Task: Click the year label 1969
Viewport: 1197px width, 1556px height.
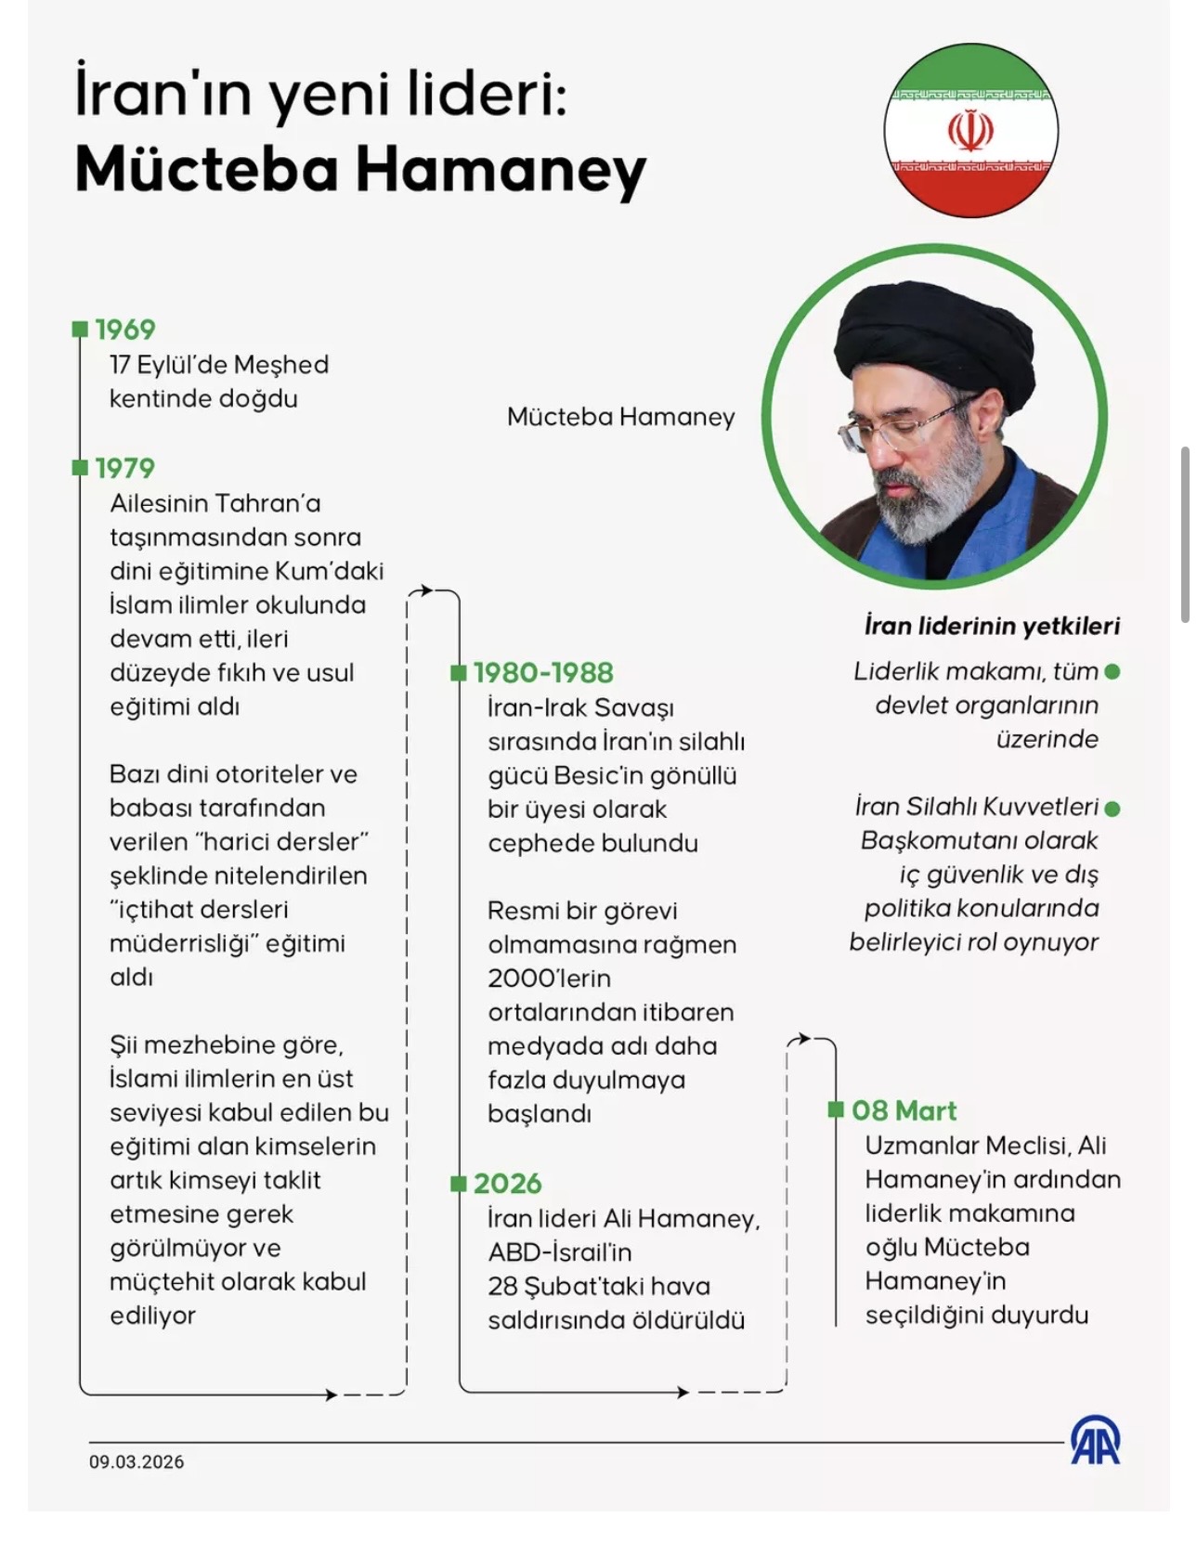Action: coord(125,330)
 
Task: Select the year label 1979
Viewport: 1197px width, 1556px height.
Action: coord(125,468)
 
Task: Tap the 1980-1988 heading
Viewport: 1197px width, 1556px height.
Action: coord(543,673)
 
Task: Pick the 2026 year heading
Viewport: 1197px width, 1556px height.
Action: coord(507,1184)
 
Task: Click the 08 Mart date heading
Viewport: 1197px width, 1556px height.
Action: coord(904,1110)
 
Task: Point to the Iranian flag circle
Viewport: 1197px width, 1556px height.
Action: coord(970,130)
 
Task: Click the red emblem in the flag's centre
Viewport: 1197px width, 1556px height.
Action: coord(970,131)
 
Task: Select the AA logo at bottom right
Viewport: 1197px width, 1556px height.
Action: coord(1096,1442)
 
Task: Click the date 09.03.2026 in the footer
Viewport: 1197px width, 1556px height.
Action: coord(137,1461)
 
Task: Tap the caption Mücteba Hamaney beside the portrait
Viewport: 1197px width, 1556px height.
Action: coord(620,417)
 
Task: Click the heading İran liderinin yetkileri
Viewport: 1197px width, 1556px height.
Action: coord(992,626)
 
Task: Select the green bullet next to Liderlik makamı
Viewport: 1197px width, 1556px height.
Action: coord(1112,671)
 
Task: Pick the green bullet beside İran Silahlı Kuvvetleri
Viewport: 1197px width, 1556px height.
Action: coord(1112,809)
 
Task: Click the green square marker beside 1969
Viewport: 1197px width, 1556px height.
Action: coord(80,330)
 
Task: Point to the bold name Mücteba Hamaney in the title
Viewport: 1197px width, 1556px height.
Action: coord(360,170)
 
